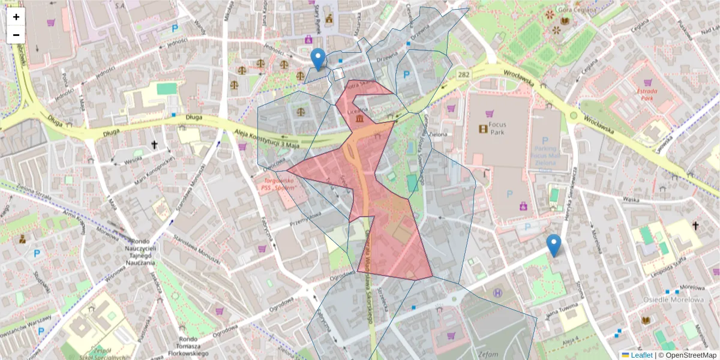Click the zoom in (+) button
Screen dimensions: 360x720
pos(16,17)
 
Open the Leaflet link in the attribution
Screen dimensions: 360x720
pos(641,355)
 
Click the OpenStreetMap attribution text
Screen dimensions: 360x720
pos(689,355)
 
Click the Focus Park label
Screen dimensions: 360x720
pos(497,128)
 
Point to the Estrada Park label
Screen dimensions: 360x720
pos(646,94)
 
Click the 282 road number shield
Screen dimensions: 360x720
pos(463,74)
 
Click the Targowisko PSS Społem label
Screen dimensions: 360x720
pos(280,184)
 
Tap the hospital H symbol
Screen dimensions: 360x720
pos(497,293)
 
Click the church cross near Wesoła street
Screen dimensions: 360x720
pos(154,145)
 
